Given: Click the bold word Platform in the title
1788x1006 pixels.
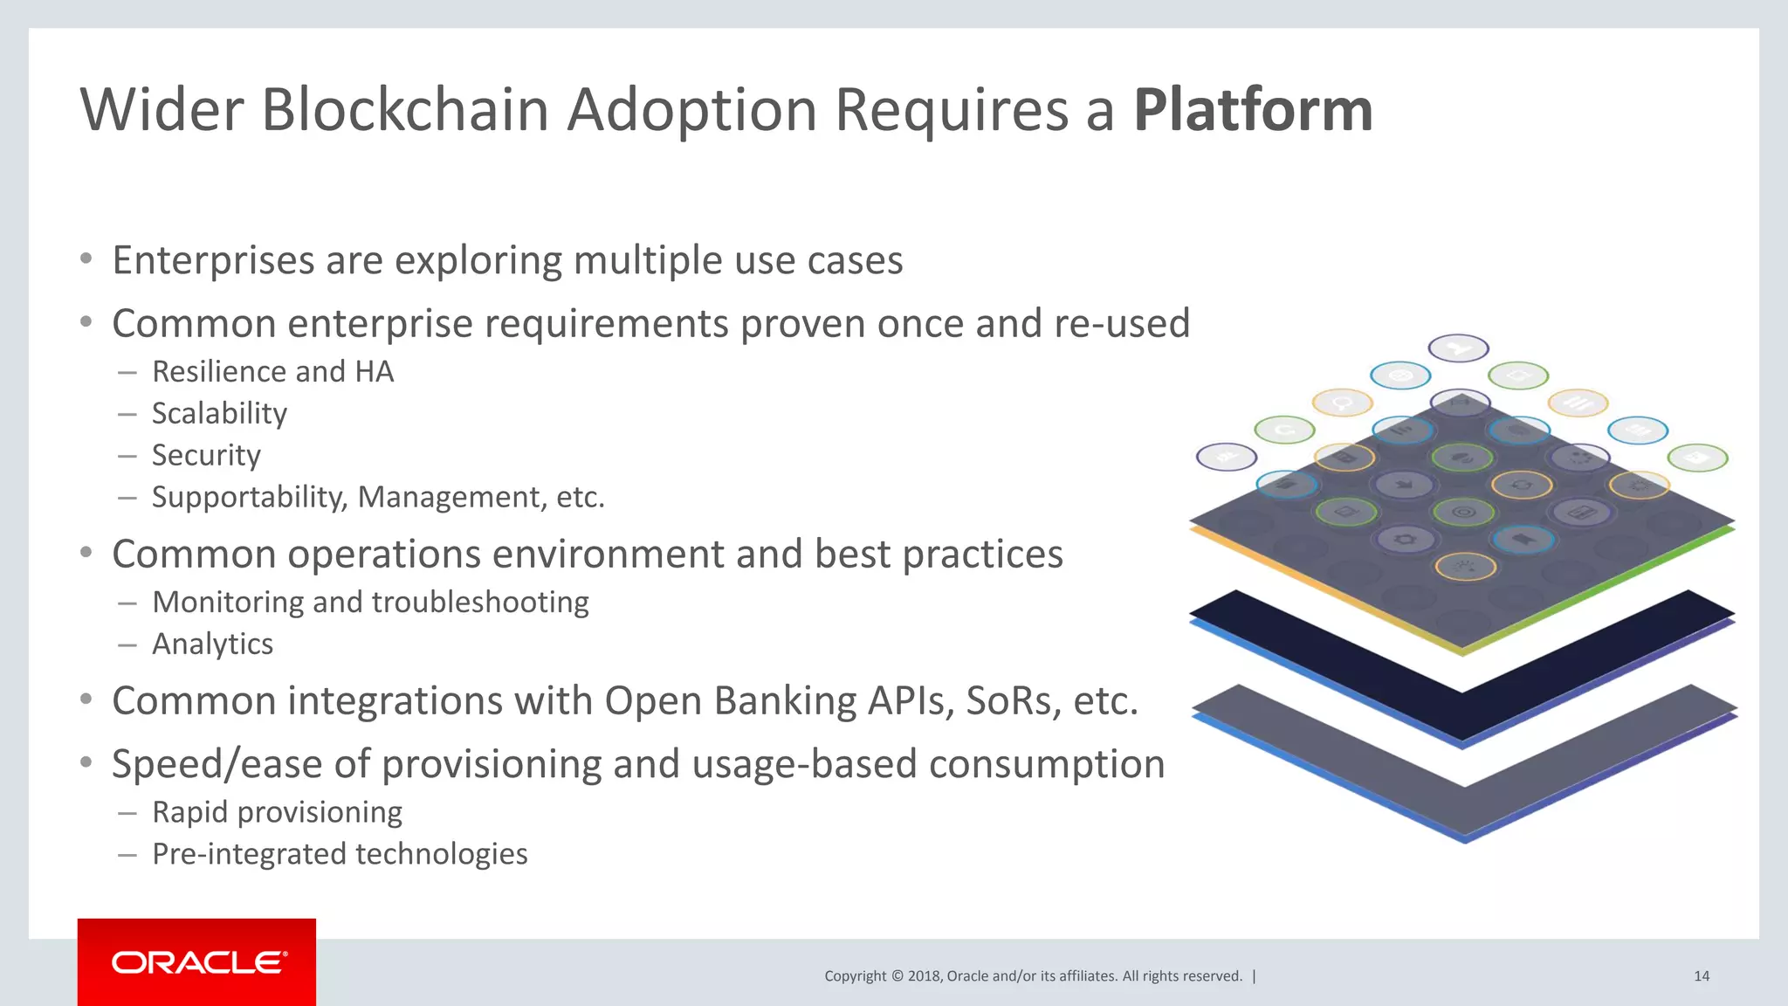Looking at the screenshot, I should pos(1253,111).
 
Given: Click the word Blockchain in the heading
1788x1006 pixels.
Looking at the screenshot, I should pos(404,111).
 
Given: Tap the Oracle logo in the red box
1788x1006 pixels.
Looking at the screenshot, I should pos(197,962).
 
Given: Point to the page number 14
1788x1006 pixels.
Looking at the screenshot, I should pos(1701,976).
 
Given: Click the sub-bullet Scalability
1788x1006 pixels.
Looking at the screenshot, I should pos(219,413).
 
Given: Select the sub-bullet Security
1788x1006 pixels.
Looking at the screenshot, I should pos(206,455).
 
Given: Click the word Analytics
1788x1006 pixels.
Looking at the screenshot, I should pos(212,644).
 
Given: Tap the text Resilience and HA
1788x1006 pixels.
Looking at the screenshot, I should pos(272,372).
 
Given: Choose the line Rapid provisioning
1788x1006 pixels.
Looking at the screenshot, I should pos(277,812).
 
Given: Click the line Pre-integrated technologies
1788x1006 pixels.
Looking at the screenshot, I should pos(340,854).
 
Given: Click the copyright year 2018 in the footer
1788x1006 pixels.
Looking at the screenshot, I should pos(923,976).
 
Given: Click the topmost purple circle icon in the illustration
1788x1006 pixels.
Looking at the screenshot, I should pos(1458,348).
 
